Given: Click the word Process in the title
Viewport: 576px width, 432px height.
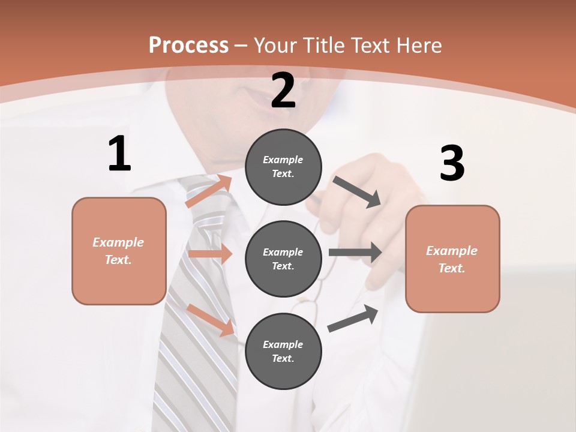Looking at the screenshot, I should [188, 46].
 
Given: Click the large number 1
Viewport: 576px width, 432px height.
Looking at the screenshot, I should [119, 154].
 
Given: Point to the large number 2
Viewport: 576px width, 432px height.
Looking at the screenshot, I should [283, 91].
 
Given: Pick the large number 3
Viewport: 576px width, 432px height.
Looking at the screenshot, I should [452, 164].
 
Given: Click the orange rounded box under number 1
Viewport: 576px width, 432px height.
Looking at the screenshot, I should [119, 251].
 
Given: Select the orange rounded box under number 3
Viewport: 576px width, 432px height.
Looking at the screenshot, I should [452, 259].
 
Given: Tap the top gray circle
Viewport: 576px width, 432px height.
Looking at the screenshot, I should [283, 167].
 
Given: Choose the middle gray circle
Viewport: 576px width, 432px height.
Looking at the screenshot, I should [283, 259].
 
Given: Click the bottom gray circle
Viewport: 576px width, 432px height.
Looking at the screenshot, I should [283, 351].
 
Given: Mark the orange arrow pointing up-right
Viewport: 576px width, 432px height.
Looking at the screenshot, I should [209, 191].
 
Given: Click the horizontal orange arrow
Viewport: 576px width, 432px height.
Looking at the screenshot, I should [210, 254].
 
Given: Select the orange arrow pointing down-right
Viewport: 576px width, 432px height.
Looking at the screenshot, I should [211, 319].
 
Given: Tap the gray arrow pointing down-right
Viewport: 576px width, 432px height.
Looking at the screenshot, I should [357, 191].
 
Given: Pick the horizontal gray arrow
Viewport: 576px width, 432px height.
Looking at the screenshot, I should [355, 253].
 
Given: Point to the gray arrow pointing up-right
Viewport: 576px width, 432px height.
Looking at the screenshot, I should [353, 318].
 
